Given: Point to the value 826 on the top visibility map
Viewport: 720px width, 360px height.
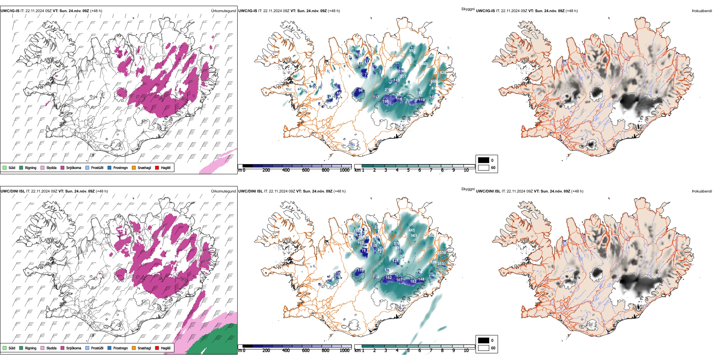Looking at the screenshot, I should click(443, 73).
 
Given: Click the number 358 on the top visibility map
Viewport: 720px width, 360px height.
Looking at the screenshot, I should click(412, 51).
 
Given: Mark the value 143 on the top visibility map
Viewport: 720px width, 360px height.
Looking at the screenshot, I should click(396, 80).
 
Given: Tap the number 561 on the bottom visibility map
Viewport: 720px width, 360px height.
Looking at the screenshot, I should click(414, 236).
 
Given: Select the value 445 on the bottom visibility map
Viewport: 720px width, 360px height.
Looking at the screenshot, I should click(412, 230).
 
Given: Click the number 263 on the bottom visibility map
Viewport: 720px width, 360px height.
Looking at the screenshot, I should click(440, 264).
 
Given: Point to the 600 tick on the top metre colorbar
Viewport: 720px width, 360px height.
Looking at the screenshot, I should click(305, 170).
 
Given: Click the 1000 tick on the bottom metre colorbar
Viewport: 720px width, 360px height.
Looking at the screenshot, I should click(344, 351).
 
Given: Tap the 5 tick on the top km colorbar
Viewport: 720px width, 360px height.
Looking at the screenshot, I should click(409, 170).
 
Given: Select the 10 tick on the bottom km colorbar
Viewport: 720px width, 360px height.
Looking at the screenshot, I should click(466, 351).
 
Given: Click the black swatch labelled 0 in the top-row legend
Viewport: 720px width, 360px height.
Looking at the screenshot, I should click(484, 160).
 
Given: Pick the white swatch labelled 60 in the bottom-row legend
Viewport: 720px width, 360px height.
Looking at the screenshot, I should click(484, 348).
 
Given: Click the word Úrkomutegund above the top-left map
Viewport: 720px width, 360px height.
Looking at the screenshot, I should click(223, 11).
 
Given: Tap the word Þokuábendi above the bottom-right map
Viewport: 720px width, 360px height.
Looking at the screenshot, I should click(702, 191).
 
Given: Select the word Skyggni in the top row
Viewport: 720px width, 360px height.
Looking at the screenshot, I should click(468, 9).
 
